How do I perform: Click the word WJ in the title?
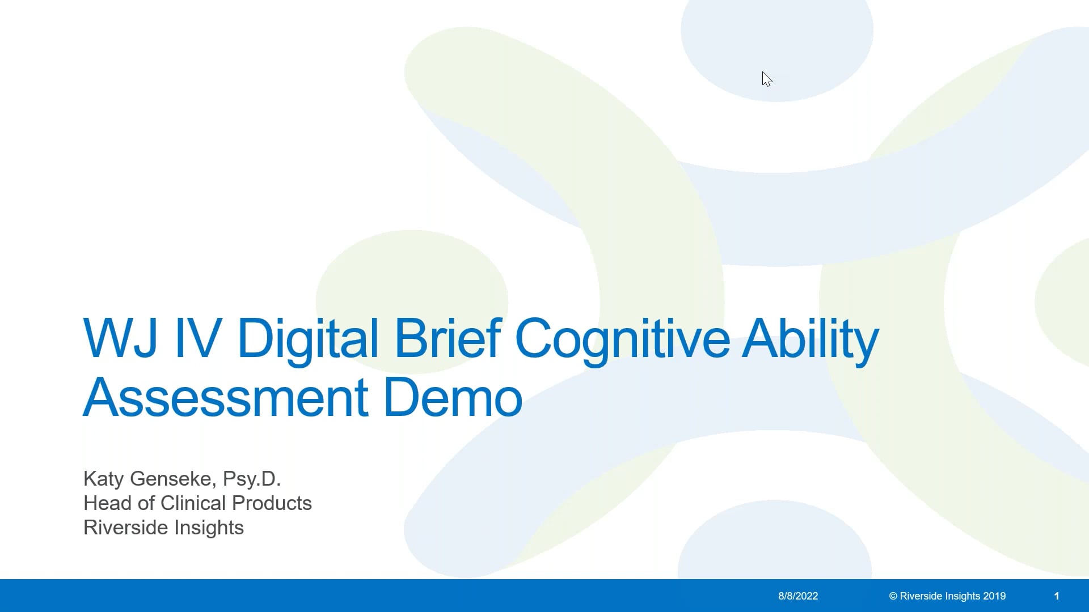(120, 338)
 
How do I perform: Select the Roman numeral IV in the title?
(197, 338)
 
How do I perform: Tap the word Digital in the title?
(307, 338)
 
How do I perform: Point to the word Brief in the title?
(447, 338)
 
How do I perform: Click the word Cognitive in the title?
(622, 338)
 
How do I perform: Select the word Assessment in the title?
(226, 397)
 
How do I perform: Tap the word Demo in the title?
(453, 397)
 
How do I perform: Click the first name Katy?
(103, 479)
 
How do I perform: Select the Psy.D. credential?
(252, 479)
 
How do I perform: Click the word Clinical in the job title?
(193, 503)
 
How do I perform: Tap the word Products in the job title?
(272, 503)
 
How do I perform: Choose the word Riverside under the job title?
(126, 528)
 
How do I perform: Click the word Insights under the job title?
(209, 528)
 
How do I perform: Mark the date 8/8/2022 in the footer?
(798, 596)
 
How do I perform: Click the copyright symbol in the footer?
(893, 596)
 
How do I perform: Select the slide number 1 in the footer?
(1057, 596)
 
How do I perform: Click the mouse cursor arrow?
(766, 79)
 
